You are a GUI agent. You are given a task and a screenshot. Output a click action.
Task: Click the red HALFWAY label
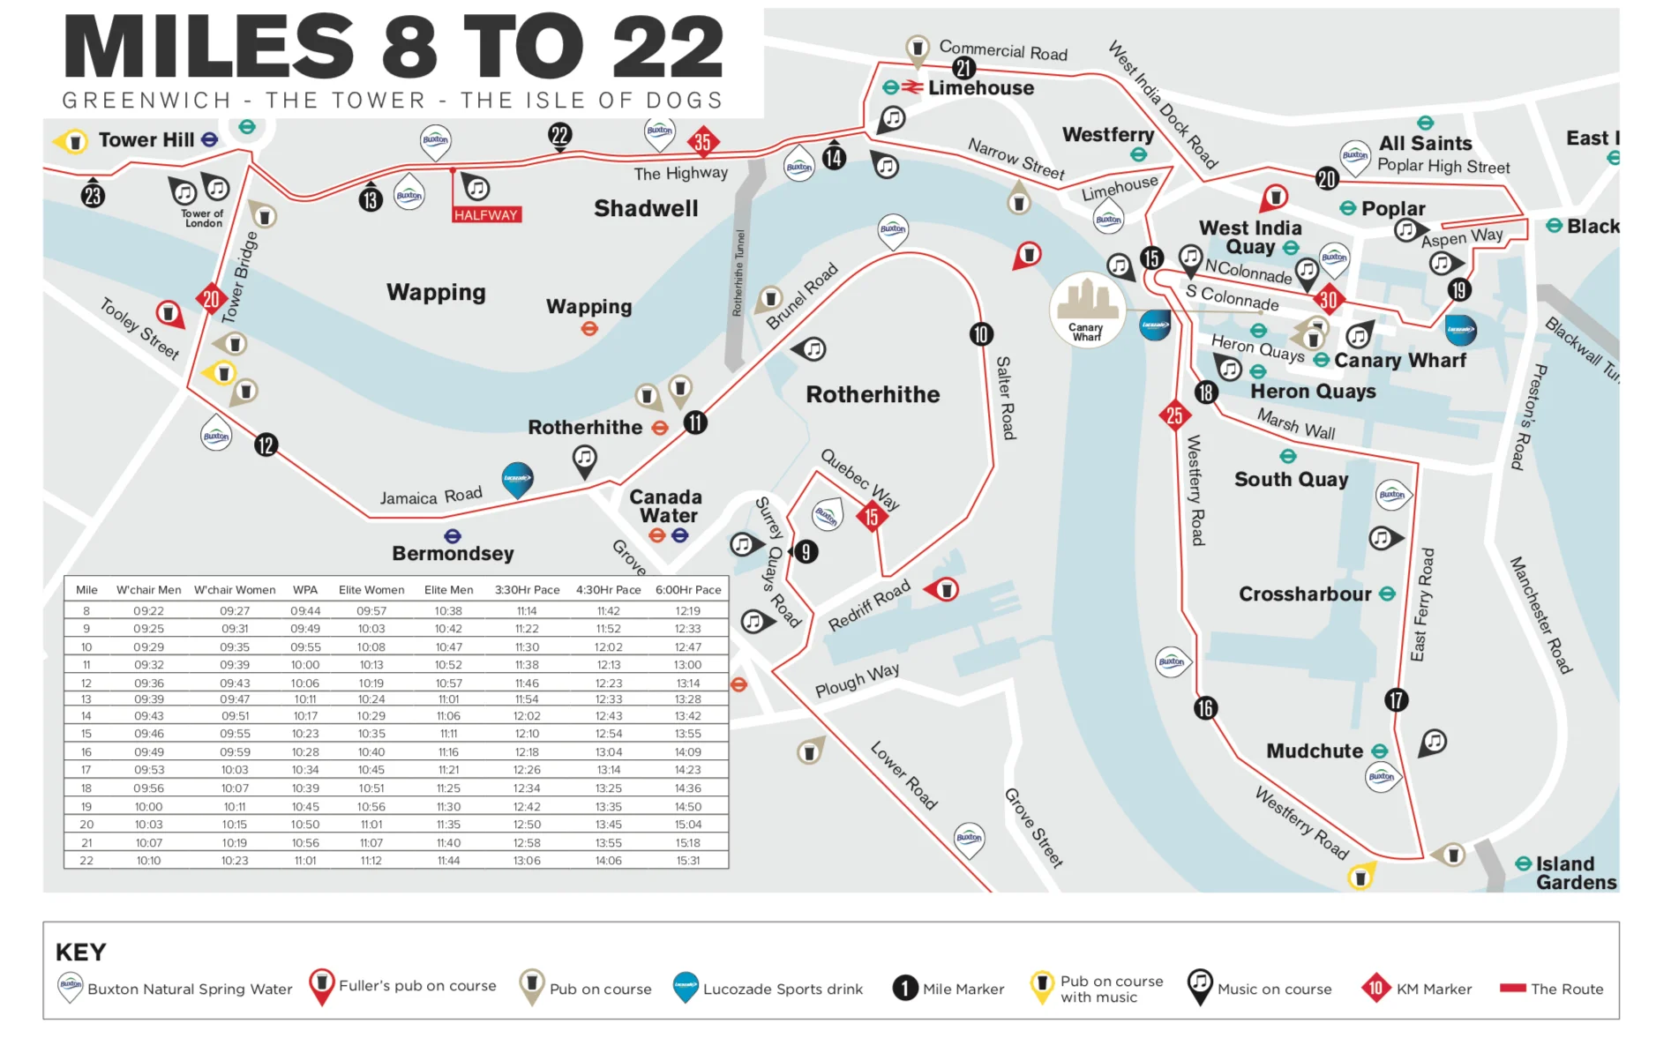point(486,215)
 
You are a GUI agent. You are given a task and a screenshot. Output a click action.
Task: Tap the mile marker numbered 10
point(980,334)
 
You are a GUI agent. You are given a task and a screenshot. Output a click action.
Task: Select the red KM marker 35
point(702,141)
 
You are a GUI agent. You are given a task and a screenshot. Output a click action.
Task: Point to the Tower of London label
point(203,218)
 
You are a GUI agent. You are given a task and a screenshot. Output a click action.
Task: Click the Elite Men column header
point(448,590)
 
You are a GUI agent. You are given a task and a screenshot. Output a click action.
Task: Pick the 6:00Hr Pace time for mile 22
point(687,861)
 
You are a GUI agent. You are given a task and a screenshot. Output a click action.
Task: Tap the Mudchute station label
point(1315,751)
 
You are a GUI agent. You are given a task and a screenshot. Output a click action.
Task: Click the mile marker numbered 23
point(93,195)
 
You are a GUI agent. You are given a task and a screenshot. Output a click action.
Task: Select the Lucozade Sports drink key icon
point(686,987)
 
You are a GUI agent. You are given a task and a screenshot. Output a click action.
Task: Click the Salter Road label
point(1005,398)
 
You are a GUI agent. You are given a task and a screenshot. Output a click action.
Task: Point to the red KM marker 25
point(1174,414)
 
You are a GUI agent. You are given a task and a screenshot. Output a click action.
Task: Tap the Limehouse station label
point(980,88)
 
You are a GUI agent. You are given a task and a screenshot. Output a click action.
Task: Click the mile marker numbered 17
point(1396,700)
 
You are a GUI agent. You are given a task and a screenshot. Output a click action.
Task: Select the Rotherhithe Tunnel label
point(739,273)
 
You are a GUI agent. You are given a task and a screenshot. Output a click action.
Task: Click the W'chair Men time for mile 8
point(148,611)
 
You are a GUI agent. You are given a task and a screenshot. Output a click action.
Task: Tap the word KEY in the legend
point(80,952)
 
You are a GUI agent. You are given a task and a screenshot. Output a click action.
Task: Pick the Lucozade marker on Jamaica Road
point(517,479)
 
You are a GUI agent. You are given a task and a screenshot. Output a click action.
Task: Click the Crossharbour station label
point(1304,594)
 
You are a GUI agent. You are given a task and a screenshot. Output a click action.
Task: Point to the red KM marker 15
point(872,517)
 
